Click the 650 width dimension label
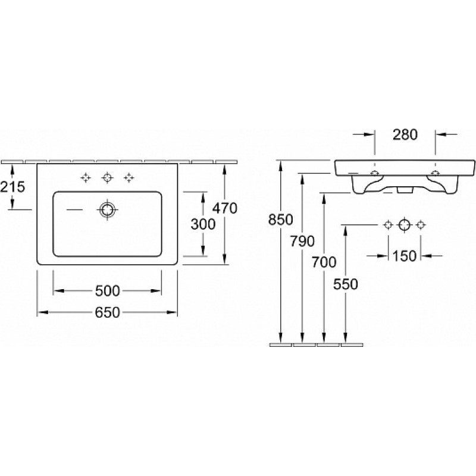[108, 312]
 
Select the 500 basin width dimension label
[108, 291]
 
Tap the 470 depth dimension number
[225, 208]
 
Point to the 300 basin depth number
[203, 224]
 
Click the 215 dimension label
[12, 187]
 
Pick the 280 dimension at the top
[405, 134]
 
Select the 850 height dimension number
[280, 220]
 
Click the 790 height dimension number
[302, 242]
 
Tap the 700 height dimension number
[324, 262]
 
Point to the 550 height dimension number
[346, 284]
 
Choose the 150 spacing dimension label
[405, 256]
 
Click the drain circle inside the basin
[107, 209]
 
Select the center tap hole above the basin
[107, 177]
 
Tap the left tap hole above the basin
[86, 177]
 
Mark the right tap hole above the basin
[129, 177]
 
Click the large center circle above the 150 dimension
[405, 225]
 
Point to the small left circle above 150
[388, 225]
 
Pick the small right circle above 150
[421, 225]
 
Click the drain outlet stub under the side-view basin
[405, 190]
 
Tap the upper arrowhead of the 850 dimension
[281, 165]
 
